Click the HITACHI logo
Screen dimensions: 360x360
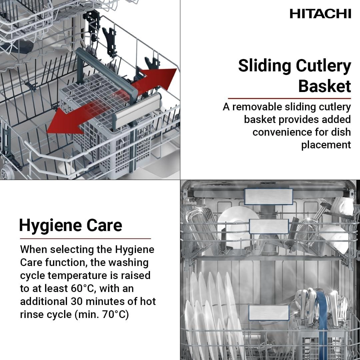(x=320, y=14)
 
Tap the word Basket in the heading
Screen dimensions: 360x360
(x=324, y=86)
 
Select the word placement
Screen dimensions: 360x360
(x=326, y=145)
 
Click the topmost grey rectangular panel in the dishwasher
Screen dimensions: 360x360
(x=268, y=197)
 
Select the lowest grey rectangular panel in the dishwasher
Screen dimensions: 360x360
(x=269, y=313)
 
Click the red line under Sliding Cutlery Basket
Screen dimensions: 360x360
(x=289, y=98)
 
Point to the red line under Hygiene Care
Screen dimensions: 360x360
(x=85, y=239)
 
